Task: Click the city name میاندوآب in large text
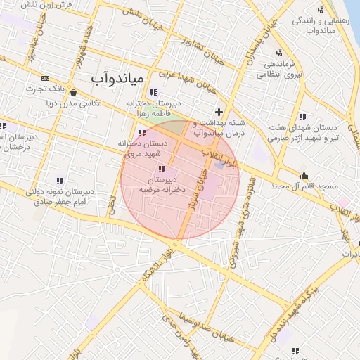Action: pyautogui.click(x=118, y=77)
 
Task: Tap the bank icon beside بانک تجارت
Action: pyautogui.click(x=46, y=78)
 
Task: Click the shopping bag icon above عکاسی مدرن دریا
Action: pyautogui.click(x=74, y=91)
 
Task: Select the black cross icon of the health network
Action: pyautogui.click(x=219, y=112)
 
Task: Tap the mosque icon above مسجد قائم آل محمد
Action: pyautogui.click(x=304, y=175)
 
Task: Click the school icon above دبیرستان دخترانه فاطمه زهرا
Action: pyautogui.click(x=153, y=92)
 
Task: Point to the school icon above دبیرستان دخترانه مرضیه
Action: pyautogui.click(x=163, y=169)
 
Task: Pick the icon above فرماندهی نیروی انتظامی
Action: pyautogui.click(x=279, y=53)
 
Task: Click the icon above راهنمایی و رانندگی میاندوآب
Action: pyautogui.click(x=321, y=9)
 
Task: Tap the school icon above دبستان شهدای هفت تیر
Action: pyautogui.click(x=302, y=117)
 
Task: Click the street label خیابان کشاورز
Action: pyautogui.click(x=202, y=47)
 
